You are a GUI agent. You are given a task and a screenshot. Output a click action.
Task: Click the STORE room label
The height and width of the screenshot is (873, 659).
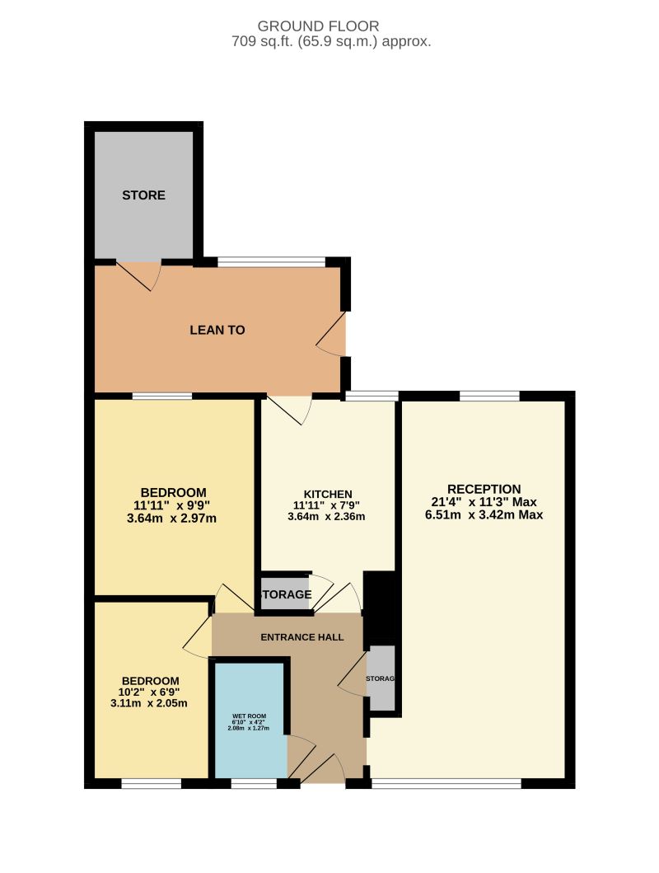(x=143, y=195)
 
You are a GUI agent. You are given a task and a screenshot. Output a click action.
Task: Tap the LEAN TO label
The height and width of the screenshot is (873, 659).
(x=217, y=330)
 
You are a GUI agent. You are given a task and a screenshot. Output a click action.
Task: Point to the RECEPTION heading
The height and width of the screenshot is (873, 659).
(x=484, y=489)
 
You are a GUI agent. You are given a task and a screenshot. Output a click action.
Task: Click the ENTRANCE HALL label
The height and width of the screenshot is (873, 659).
(x=301, y=637)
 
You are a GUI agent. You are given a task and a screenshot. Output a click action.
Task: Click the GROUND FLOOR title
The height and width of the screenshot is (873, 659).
(x=330, y=26)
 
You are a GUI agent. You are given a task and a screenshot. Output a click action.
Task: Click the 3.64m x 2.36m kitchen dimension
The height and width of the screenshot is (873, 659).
(x=326, y=517)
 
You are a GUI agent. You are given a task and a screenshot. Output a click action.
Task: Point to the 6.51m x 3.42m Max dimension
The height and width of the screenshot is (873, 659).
(x=484, y=514)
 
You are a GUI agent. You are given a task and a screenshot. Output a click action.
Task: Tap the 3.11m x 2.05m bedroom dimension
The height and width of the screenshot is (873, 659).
(x=149, y=703)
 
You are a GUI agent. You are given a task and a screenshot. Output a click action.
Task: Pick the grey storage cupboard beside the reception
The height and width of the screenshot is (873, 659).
(x=381, y=678)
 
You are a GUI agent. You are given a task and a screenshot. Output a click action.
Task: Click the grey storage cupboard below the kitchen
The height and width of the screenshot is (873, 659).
(x=284, y=594)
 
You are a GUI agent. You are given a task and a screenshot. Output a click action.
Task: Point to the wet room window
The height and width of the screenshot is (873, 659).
(x=254, y=784)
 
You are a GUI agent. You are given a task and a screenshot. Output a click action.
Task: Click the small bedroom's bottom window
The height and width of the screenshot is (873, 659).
(x=152, y=784)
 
